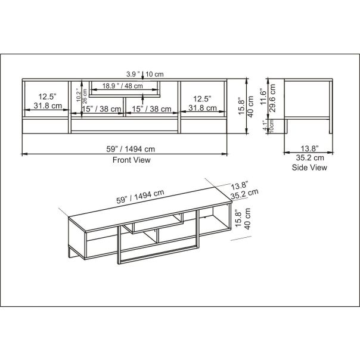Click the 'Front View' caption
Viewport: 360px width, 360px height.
point(132,160)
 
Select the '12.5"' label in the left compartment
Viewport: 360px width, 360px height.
point(47,97)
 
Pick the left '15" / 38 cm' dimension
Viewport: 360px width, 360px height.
point(102,108)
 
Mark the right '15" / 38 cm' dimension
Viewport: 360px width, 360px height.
point(151,108)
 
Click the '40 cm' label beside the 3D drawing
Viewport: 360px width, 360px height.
point(248,217)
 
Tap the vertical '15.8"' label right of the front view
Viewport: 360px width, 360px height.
point(240,109)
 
